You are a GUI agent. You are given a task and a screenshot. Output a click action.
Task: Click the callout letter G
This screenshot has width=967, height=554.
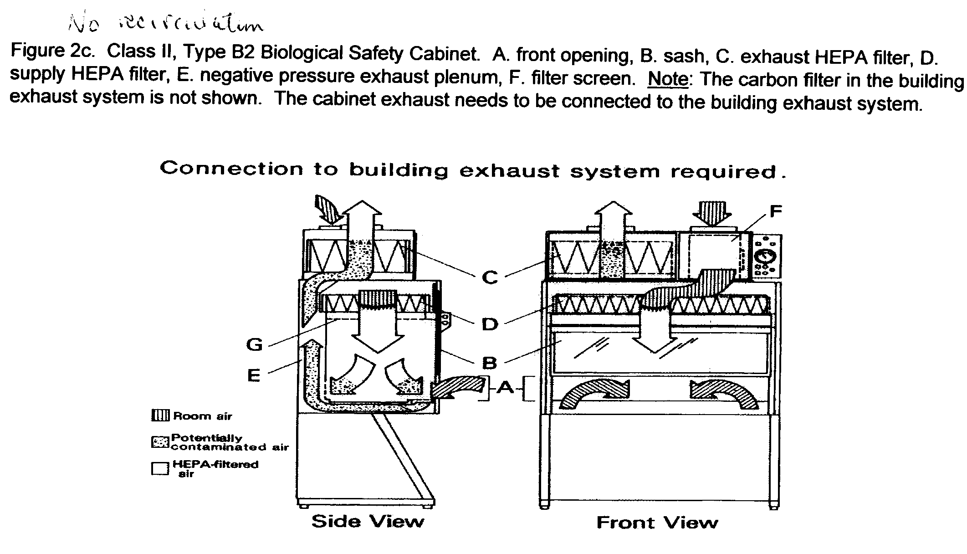[x=254, y=344]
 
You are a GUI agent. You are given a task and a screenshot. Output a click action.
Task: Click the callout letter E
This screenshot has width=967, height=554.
[x=254, y=376]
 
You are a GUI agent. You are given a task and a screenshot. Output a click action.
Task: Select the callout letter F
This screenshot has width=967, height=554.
[x=775, y=211]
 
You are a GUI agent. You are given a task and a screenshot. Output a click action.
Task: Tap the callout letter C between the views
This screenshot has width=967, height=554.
[x=490, y=277]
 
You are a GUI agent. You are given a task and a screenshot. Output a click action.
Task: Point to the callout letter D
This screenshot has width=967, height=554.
[x=490, y=324]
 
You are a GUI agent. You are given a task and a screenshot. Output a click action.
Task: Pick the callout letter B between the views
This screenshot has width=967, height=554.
[x=489, y=363]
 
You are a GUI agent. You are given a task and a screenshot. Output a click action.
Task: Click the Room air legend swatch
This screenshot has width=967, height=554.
[x=160, y=415]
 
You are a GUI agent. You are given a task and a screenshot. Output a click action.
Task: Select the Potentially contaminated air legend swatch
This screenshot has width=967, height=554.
[x=160, y=442]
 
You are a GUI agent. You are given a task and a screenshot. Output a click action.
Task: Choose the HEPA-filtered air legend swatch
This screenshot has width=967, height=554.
[x=160, y=469]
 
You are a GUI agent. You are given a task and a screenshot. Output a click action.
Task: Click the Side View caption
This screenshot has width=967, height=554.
[x=368, y=521]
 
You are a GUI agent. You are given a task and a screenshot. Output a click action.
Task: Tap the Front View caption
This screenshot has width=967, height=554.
[x=657, y=522]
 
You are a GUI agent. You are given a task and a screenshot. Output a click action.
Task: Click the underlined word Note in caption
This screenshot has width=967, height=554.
[x=668, y=79]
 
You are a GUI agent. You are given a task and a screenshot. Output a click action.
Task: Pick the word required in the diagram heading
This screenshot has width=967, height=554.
[x=723, y=172]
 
